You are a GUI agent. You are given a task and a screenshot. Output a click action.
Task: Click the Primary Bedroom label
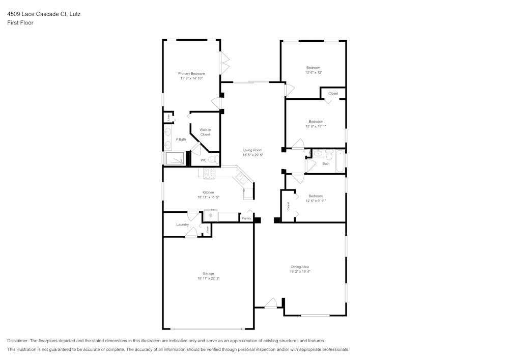(x=191, y=74)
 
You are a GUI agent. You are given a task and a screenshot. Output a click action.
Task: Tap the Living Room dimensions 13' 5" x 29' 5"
(x=252, y=155)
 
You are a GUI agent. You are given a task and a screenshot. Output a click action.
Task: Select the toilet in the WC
(x=214, y=160)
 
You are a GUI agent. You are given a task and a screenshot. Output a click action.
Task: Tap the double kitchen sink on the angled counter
(x=241, y=179)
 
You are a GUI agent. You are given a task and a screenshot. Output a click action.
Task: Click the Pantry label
(x=246, y=218)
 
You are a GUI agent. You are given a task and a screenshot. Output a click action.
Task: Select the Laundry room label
(x=182, y=225)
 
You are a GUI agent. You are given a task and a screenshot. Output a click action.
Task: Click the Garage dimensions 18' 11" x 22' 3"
(x=208, y=279)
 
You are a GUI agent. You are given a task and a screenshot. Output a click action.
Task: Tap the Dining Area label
(x=300, y=267)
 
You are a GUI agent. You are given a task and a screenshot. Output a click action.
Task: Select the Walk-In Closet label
(x=205, y=132)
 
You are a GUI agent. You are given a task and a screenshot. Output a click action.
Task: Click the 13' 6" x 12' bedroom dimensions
(x=313, y=73)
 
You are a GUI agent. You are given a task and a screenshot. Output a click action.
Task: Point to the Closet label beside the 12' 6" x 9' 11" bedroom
(x=288, y=206)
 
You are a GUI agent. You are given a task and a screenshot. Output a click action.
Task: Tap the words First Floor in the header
(x=20, y=23)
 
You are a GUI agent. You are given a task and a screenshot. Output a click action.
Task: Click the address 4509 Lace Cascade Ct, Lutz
(x=44, y=14)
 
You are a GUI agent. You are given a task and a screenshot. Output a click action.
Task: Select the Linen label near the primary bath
(x=168, y=117)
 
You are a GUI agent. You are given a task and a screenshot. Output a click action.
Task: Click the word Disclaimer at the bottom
(x=18, y=341)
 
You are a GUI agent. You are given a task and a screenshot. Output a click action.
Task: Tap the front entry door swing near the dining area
(x=271, y=303)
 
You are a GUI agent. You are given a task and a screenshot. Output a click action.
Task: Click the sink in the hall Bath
(x=319, y=153)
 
